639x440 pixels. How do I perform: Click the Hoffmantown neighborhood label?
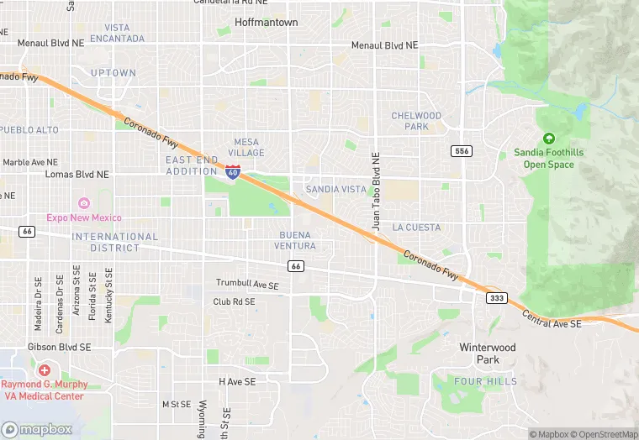[x=266, y=23]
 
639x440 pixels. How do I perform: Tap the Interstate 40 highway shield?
[x=233, y=172]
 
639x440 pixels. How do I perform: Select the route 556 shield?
[x=460, y=150]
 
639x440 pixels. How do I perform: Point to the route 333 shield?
[x=495, y=298]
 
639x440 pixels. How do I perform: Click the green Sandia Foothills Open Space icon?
[x=549, y=139]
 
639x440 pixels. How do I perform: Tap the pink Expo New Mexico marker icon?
[x=83, y=203]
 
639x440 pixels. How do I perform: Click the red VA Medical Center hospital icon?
[x=44, y=369]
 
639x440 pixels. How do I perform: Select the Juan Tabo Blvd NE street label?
[x=377, y=192]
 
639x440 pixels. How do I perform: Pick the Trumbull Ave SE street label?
[x=247, y=285]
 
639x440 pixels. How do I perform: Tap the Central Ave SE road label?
[x=552, y=318]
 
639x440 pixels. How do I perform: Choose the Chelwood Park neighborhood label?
[x=415, y=121]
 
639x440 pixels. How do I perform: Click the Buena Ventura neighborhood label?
[x=294, y=240]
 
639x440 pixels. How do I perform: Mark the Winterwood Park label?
[x=487, y=353]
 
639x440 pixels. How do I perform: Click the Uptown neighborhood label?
[x=113, y=73]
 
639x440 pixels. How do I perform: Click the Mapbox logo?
[x=37, y=429]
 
